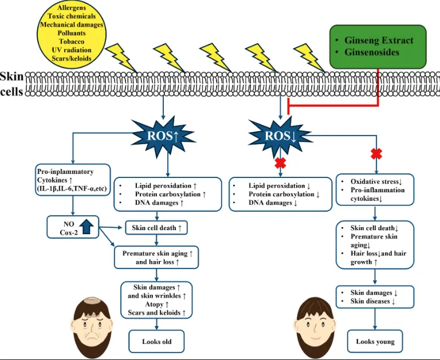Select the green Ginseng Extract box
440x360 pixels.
coord(378,46)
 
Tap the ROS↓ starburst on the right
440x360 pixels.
coord(280,136)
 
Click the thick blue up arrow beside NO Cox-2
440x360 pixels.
coord(87,226)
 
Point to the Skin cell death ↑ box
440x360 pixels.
coord(156,228)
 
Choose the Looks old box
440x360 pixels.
coord(156,342)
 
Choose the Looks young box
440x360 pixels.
coord(375,341)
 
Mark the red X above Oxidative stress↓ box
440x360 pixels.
coord(376,153)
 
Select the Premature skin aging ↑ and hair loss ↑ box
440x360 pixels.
coord(156,257)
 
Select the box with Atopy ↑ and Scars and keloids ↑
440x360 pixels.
coord(156,299)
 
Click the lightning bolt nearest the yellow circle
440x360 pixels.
coord(122,56)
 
